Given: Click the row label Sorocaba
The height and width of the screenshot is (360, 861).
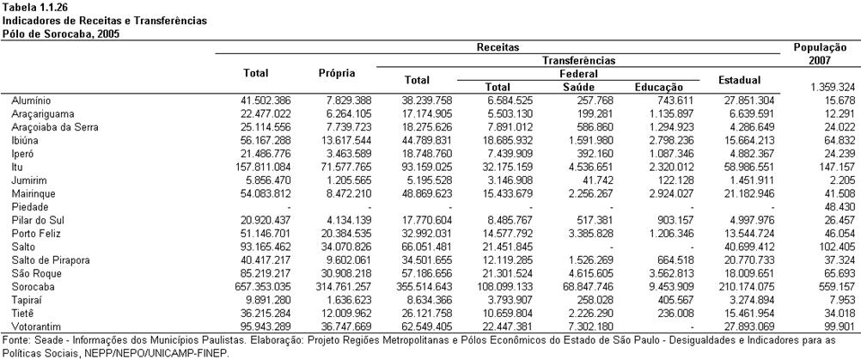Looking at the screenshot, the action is (x=33, y=286).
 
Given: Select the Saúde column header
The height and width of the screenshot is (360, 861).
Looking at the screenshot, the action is (x=579, y=87).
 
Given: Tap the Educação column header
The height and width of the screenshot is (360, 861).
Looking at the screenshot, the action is (x=659, y=87).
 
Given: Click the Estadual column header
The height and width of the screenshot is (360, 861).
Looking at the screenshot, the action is (x=740, y=80).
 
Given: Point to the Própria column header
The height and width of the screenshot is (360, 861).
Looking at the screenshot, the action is (x=337, y=73).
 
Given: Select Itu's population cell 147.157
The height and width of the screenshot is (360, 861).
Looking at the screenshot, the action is (x=838, y=167).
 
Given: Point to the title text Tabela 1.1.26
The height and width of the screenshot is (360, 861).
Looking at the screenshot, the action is (x=28, y=7).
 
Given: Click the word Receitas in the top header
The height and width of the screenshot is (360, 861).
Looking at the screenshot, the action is (x=498, y=47).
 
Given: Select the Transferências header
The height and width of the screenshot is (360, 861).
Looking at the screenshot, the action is (x=579, y=60).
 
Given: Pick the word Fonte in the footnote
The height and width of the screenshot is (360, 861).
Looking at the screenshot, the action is (x=13, y=340).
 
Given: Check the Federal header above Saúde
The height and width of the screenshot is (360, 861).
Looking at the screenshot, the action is (x=579, y=74).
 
